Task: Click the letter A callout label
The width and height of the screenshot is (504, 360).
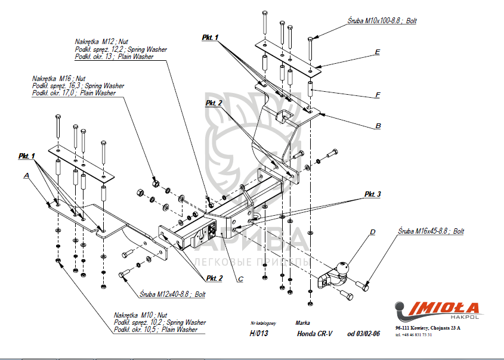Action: pyautogui.click(x=26, y=175)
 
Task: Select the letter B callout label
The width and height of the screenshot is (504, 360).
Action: pyautogui.click(x=378, y=126)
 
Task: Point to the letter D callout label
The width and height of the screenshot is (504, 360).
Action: pyautogui.click(x=372, y=232)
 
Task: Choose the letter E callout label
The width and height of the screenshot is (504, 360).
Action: pyautogui.click(x=378, y=52)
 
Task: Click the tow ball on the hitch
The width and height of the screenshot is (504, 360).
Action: pyautogui.click(x=344, y=269)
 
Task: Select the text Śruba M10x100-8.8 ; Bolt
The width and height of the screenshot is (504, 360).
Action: pyautogui.click(x=382, y=21)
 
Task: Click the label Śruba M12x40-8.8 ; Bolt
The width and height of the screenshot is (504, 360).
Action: pyautogui.click(x=173, y=294)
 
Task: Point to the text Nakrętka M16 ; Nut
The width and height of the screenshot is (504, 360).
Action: pyautogui.click(x=59, y=79)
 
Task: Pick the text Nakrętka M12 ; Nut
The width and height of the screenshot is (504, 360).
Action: pyautogui.click(x=101, y=42)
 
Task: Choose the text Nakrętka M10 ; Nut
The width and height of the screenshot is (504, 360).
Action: pyautogui.click(x=140, y=315)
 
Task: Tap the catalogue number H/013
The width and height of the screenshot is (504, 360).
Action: pyautogui.click(x=259, y=334)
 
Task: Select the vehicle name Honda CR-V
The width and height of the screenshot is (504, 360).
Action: pyautogui.click(x=315, y=334)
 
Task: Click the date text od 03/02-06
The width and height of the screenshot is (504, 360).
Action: pyautogui.click(x=363, y=334)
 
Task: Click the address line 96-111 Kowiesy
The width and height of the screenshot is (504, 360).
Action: pyautogui.click(x=428, y=328)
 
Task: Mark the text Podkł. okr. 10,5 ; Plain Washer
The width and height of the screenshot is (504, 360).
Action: pyautogui.click(x=156, y=330)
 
